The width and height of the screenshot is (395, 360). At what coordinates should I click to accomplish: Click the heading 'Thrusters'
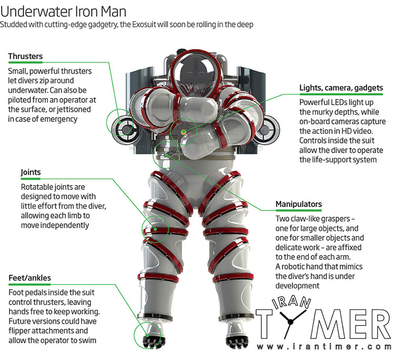pos(25,56)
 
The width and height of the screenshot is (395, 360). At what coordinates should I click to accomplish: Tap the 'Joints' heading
pos(31,172)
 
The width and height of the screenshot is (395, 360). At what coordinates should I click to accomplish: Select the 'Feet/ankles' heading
pos(29,278)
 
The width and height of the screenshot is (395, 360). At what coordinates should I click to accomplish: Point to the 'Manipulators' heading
pos(299,204)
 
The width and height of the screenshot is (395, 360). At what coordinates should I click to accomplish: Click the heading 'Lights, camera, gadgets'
pos(341,87)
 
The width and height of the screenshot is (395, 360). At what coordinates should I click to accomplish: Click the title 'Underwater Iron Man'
pos(63,12)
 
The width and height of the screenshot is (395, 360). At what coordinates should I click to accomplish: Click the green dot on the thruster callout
pos(120,123)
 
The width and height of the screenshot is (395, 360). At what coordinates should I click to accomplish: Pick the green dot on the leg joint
pos(155,229)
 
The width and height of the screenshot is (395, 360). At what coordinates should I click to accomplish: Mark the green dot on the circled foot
pos(146,336)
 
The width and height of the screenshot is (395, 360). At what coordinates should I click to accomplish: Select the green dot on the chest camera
pos(184,132)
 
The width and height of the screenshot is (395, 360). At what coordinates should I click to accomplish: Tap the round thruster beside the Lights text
pos(267,130)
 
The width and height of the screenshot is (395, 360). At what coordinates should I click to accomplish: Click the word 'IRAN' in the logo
pos(291,301)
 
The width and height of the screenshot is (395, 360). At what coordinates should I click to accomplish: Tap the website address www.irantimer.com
pos(324,347)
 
